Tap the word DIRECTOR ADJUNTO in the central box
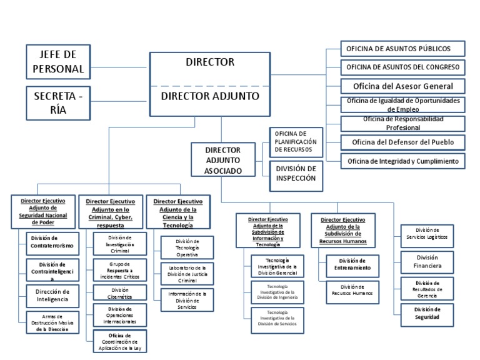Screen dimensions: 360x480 pos(210,96)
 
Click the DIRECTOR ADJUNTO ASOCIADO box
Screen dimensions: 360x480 pos(223,161)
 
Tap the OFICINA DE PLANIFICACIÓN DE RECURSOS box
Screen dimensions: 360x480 pos(296,142)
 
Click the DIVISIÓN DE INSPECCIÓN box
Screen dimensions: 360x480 pos(296,174)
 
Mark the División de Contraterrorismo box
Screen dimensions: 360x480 pos(52,242)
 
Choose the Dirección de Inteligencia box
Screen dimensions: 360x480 pos(52,295)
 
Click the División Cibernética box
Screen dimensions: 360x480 pos(120,293)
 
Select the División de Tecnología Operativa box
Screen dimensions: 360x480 pos(187,247)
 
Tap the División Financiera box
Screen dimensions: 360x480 pos(427,262)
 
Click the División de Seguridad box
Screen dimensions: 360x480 pos(427,313)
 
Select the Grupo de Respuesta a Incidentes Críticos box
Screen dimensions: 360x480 pos(120,269)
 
